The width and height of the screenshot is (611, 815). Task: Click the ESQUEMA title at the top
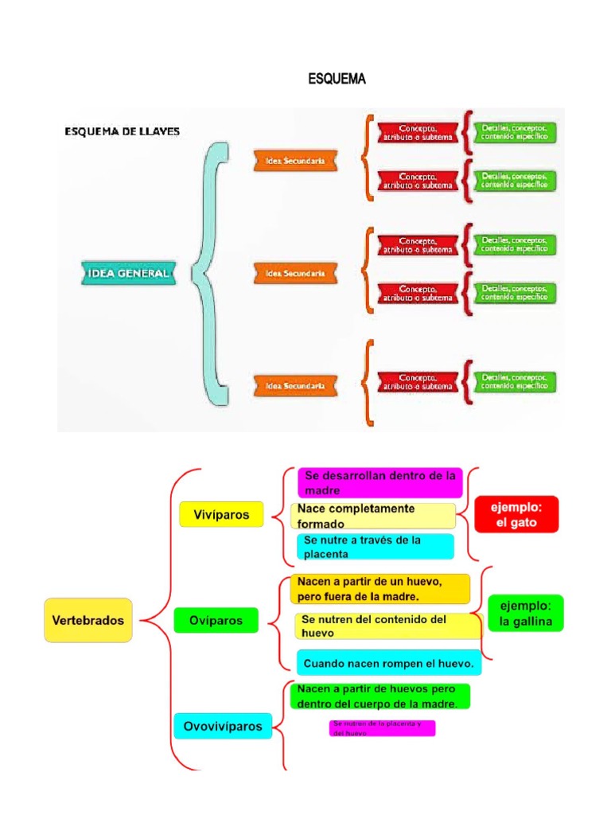[336, 80]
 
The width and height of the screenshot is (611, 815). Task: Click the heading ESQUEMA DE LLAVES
[123, 132]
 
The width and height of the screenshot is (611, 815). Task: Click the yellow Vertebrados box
[88, 620]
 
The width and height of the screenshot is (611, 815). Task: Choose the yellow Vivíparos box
[220, 515]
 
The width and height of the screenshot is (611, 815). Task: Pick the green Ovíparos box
[216, 619]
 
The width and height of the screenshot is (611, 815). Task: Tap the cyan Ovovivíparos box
[222, 726]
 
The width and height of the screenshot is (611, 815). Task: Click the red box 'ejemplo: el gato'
[516, 514]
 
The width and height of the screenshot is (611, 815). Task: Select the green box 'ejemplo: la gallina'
[525, 613]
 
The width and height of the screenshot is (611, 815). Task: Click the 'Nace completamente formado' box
[373, 516]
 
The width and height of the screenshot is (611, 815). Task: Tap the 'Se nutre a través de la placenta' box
[375, 547]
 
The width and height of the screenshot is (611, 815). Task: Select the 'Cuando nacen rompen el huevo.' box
[388, 662]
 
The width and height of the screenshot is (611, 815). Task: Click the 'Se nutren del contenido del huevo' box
[387, 626]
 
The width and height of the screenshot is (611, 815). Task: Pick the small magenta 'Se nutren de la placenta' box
[382, 728]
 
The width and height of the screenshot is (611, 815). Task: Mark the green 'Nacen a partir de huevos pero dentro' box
[379, 696]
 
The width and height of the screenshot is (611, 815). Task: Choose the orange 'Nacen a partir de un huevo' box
[380, 589]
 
